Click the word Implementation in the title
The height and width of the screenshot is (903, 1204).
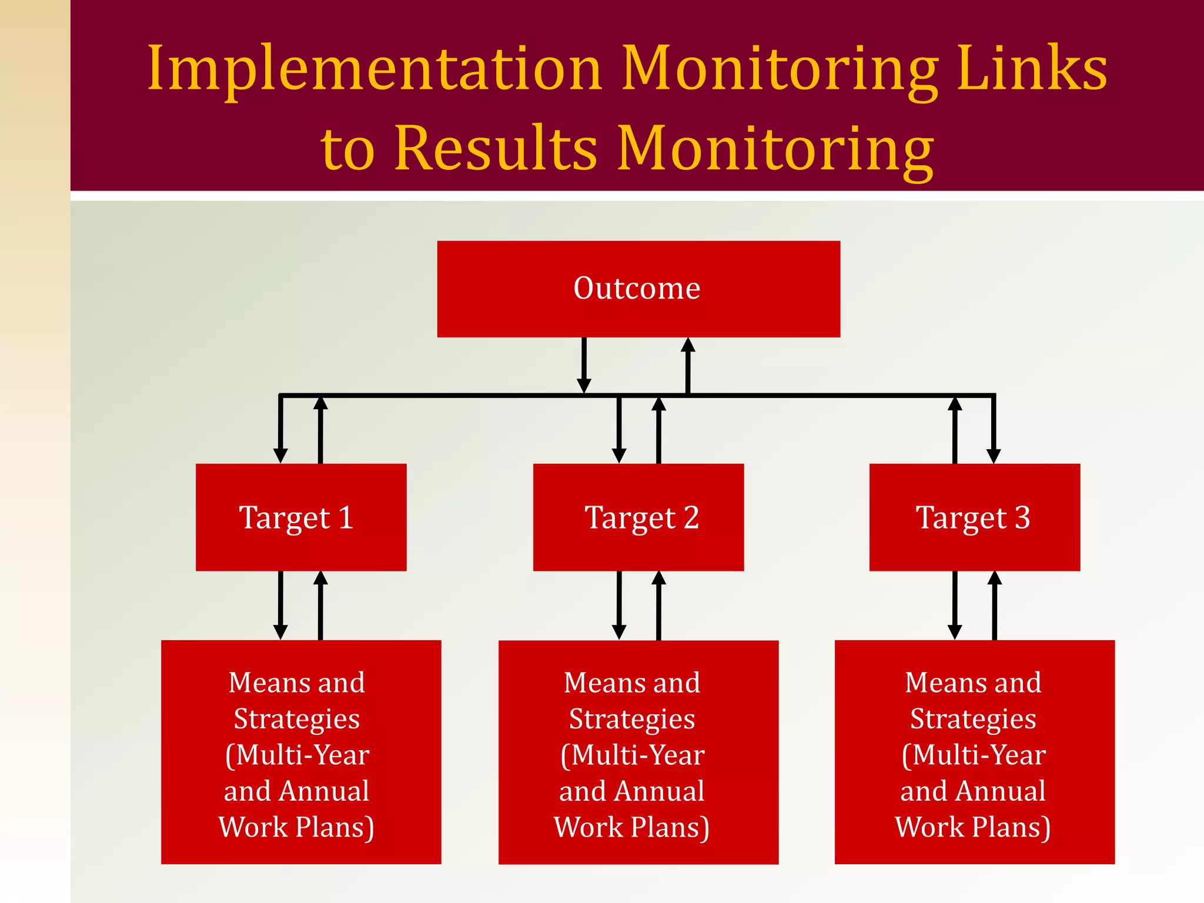point(374,69)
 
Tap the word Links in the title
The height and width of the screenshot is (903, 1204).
point(1031,68)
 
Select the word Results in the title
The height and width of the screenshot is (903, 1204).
point(496,148)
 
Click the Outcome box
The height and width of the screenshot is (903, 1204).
point(638,289)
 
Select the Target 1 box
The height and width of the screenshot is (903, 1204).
point(300,517)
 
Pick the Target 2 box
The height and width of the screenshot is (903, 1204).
point(638,517)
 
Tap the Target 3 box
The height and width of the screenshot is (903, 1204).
point(974,517)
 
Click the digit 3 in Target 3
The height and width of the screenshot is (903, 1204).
point(1022,517)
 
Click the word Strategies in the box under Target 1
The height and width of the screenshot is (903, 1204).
point(297,719)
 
